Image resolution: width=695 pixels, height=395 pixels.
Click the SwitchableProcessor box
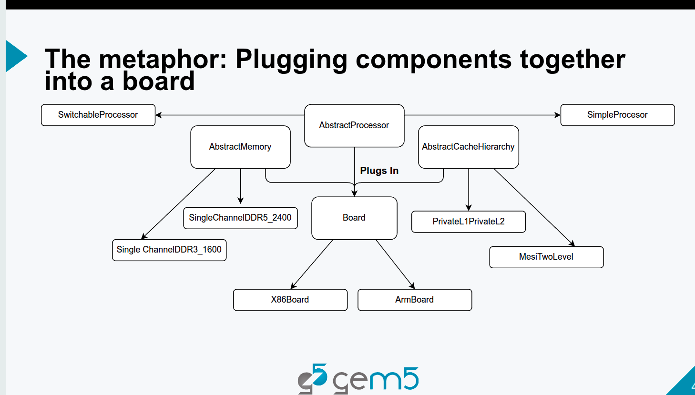98,115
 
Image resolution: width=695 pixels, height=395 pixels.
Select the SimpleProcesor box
617,115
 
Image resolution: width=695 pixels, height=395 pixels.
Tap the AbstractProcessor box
354,126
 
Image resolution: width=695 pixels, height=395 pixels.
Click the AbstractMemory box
240,147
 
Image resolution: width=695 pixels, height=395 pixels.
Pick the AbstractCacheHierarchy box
469,147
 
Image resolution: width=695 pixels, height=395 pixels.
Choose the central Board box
354,218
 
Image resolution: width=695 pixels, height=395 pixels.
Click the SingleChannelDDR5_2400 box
240,218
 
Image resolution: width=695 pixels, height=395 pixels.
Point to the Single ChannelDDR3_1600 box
169,250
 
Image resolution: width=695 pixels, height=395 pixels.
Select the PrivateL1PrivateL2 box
469,222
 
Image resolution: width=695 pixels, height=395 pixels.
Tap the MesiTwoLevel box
546,257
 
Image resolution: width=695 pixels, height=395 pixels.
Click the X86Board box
290,300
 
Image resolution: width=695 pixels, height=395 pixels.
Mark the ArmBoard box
415,300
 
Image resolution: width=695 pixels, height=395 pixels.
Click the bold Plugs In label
379,171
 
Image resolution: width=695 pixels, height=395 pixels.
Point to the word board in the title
159,81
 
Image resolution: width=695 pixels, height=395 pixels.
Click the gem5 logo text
376,379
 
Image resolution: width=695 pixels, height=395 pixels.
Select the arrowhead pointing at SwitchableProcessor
159,115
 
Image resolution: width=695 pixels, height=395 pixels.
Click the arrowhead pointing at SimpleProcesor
557,115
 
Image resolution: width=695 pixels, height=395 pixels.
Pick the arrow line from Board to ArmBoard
395,264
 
